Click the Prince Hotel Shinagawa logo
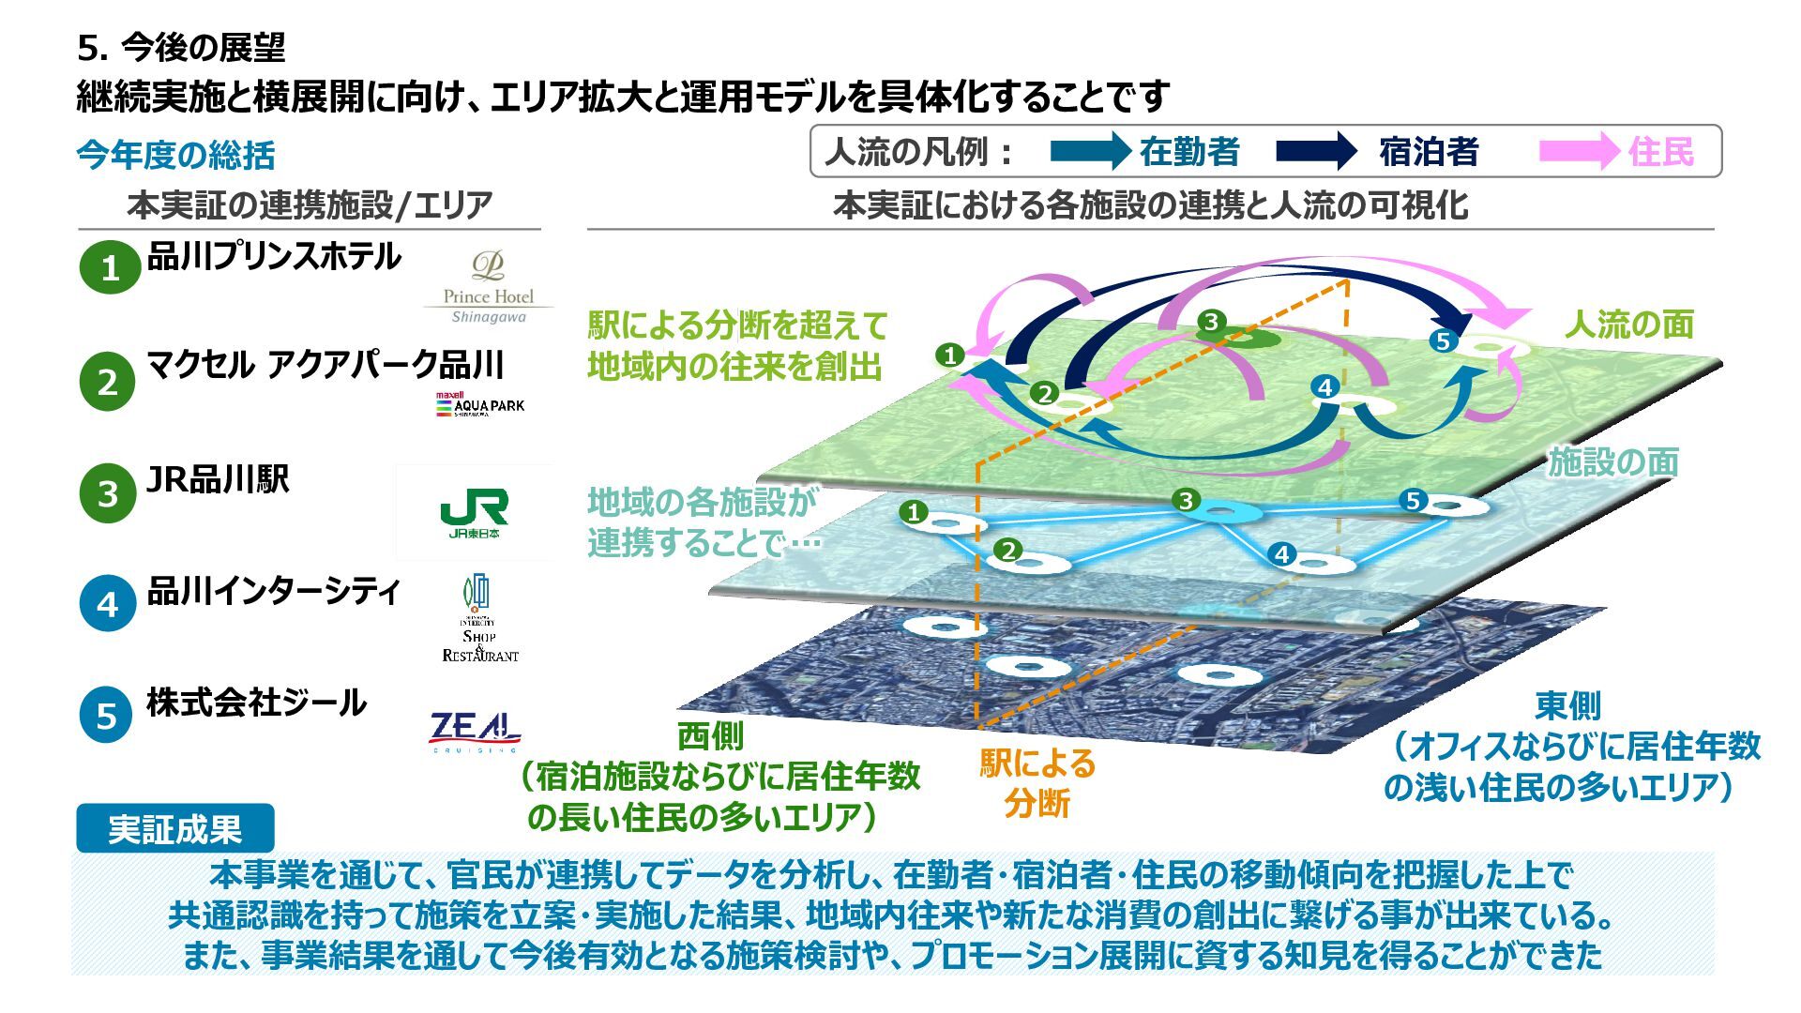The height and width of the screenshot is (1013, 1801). pos(488,287)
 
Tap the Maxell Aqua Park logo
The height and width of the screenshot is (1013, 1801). pos(479,404)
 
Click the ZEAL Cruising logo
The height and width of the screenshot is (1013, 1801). pos(475,732)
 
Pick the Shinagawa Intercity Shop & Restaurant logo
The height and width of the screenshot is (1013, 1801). pos(479,618)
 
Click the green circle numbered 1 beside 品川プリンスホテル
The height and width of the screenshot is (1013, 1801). pos(109,267)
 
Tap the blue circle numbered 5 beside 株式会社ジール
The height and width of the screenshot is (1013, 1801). pos(107,716)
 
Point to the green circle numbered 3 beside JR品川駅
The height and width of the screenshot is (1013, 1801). pos(108,492)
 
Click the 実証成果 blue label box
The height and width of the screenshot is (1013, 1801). pos(174,829)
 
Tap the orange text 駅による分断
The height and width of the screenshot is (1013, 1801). pos(1037,783)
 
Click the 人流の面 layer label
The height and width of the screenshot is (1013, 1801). pos(1628,325)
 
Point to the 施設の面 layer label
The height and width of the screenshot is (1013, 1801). pos(1612,461)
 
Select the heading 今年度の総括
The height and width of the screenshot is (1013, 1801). pos(175,156)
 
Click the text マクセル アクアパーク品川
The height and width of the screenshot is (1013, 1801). pos(325,364)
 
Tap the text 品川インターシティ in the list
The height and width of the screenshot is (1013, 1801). pos(274,591)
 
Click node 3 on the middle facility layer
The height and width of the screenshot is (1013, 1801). pos(1187,500)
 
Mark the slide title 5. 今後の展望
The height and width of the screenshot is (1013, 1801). pos(181,47)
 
